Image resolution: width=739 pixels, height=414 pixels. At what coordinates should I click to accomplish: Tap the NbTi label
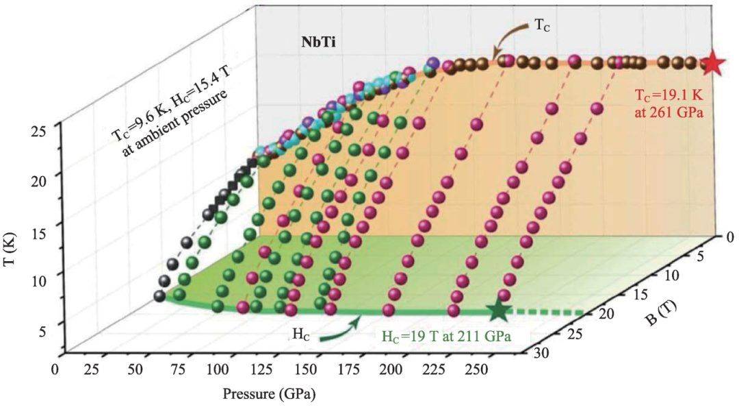click(x=319, y=42)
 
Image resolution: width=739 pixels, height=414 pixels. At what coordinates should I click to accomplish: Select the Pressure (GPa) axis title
click(x=268, y=395)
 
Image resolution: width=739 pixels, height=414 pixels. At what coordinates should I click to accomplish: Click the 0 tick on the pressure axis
click(x=55, y=369)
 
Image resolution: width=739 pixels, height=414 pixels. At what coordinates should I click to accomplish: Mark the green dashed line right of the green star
click(x=547, y=313)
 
